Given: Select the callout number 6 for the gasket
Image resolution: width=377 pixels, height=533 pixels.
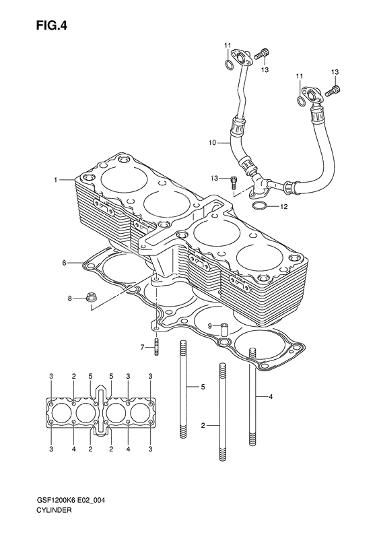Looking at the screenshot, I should (x=64, y=262).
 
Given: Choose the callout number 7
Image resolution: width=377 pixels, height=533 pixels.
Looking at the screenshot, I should (x=142, y=347).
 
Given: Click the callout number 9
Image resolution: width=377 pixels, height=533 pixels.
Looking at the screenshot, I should (x=209, y=325).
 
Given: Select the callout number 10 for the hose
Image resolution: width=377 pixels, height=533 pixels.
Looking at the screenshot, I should (x=211, y=143).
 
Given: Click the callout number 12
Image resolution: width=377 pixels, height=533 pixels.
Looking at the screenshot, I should (x=284, y=206).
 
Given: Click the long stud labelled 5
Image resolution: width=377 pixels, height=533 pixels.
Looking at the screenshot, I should (x=182, y=387).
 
